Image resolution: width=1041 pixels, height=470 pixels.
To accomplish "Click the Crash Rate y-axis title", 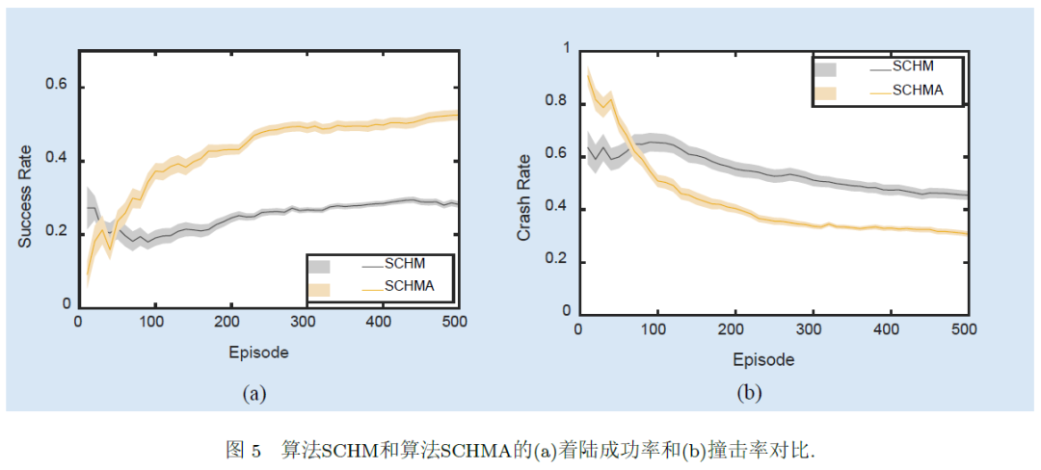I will pos(524,198).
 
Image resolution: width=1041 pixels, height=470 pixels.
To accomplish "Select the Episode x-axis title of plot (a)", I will pos(258,352).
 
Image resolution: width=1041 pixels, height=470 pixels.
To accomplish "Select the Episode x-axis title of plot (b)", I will pos(763,360).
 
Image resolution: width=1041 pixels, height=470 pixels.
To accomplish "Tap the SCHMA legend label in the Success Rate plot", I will pos(409,286).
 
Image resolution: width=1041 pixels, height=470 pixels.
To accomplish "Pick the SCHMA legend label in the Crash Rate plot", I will pos(917,91).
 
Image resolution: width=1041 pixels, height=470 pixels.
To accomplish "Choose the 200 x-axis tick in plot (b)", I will pos(737,329).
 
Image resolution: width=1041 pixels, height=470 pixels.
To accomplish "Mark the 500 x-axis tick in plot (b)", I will pos(964,329).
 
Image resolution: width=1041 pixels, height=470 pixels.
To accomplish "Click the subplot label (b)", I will pos(748,393).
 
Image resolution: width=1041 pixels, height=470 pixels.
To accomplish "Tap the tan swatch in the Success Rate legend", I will pos(320,288).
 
